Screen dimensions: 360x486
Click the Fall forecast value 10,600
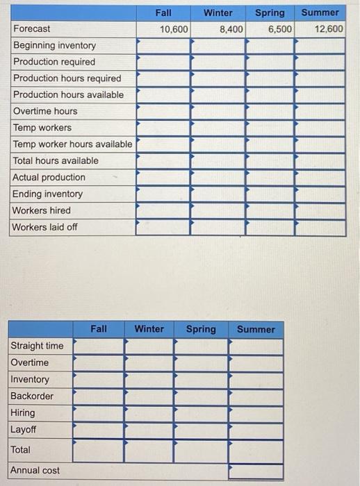173,29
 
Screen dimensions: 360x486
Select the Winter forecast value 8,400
231,29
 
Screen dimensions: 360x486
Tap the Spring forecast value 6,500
279,29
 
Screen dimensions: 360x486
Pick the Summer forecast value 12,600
328,29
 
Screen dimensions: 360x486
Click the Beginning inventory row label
55,45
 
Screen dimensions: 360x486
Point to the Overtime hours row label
46,111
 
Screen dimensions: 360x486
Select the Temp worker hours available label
72,144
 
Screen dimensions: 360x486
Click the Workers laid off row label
45,227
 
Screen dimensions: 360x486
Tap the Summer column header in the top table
320,12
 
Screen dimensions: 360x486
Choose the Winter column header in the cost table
149,329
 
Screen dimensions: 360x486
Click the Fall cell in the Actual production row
163,178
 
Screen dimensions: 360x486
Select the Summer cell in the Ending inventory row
320,194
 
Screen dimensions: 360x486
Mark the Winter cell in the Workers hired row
217,210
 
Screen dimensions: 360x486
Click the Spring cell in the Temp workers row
269,128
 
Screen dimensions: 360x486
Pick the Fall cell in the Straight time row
98,346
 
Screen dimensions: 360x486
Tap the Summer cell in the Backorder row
256,396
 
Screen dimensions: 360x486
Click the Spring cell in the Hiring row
201,413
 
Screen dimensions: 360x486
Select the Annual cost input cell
256,471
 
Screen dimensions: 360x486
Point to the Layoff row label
23,430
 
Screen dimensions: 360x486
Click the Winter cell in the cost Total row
149,450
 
